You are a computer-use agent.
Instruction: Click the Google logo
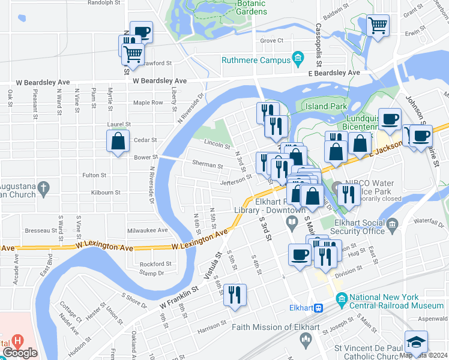20,353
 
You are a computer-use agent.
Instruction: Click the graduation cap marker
416,342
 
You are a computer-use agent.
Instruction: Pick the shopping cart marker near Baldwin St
378,25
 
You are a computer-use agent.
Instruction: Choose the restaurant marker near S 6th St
235,295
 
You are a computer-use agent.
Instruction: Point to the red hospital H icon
17,340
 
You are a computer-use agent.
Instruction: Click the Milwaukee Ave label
147,230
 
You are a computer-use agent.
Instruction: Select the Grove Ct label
271,41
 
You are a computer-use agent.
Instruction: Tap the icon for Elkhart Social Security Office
393,226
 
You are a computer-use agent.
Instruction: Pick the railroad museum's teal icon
342,298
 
